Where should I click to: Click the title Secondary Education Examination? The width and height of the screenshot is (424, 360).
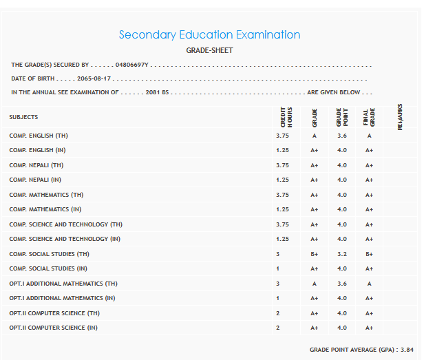click(x=209, y=34)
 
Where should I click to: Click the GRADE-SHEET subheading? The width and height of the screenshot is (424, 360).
click(x=209, y=50)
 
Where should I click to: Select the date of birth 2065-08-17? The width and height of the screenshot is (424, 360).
click(x=94, y=78)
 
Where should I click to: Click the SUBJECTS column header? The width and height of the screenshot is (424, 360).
click(x=23, y=117)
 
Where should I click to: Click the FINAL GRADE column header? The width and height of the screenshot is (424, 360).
click(x=368, y=117)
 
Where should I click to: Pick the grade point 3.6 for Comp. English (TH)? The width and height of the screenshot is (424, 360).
click(x=341, y=136)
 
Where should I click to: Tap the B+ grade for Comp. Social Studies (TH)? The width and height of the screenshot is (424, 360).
click(x=314, y=254)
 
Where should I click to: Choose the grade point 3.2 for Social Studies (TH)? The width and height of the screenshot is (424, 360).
click(x=341, y=254)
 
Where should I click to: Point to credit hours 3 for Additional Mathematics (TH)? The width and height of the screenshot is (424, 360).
click(x=277, y=284)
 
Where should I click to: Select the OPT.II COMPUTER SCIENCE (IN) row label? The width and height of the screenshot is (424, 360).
click(x=53, y=328)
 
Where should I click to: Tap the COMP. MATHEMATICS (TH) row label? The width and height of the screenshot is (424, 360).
click(x=46, y=195)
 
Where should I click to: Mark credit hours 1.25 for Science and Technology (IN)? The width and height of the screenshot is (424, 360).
click(x=282, y=239)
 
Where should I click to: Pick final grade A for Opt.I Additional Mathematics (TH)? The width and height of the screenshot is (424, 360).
click(x=369, y=284)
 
